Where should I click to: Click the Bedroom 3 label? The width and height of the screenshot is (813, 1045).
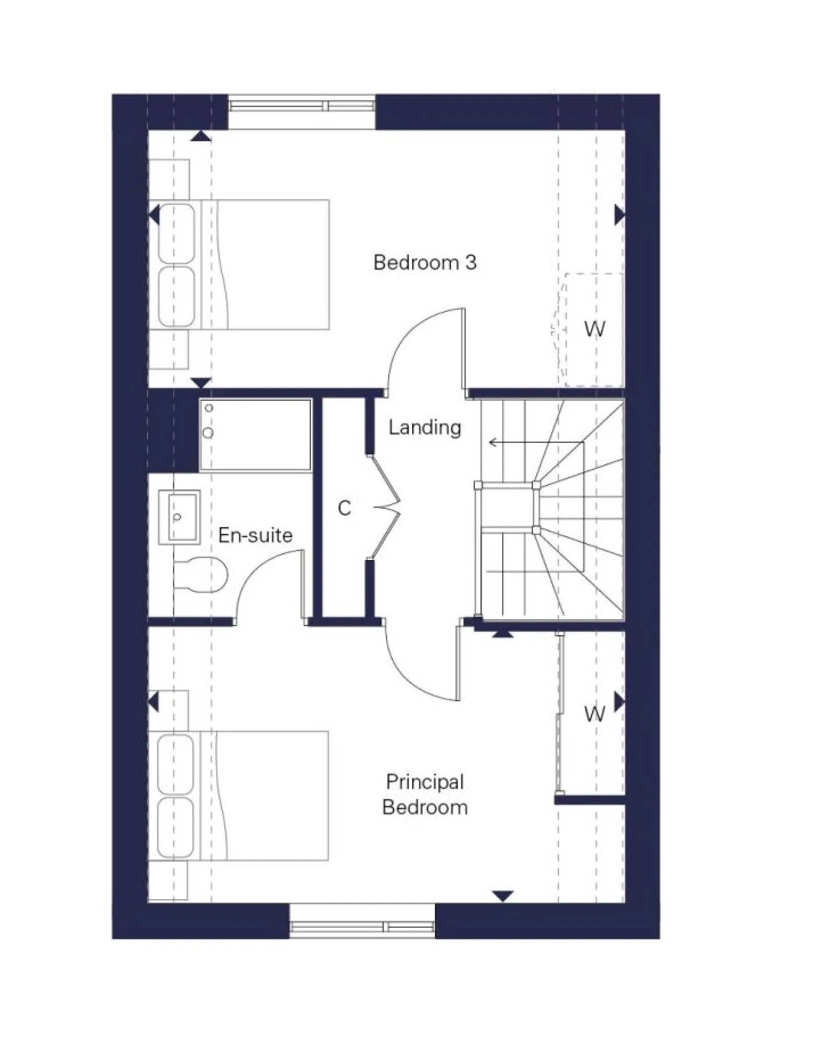424,262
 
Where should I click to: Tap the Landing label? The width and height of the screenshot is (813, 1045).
424,427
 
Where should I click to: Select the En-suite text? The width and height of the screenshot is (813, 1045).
255,535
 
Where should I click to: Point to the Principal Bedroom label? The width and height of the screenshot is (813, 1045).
424,794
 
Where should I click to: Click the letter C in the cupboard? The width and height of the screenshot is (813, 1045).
344,508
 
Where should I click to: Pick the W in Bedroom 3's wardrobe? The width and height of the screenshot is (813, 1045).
595,329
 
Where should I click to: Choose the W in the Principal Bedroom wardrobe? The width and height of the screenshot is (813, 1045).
595,713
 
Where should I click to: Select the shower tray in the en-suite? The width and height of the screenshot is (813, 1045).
256,435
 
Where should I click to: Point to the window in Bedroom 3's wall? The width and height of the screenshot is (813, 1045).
302,106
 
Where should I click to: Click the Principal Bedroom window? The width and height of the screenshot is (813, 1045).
362,926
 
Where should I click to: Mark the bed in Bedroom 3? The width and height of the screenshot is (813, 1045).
240,265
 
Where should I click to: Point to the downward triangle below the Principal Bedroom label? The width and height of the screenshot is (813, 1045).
503,896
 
